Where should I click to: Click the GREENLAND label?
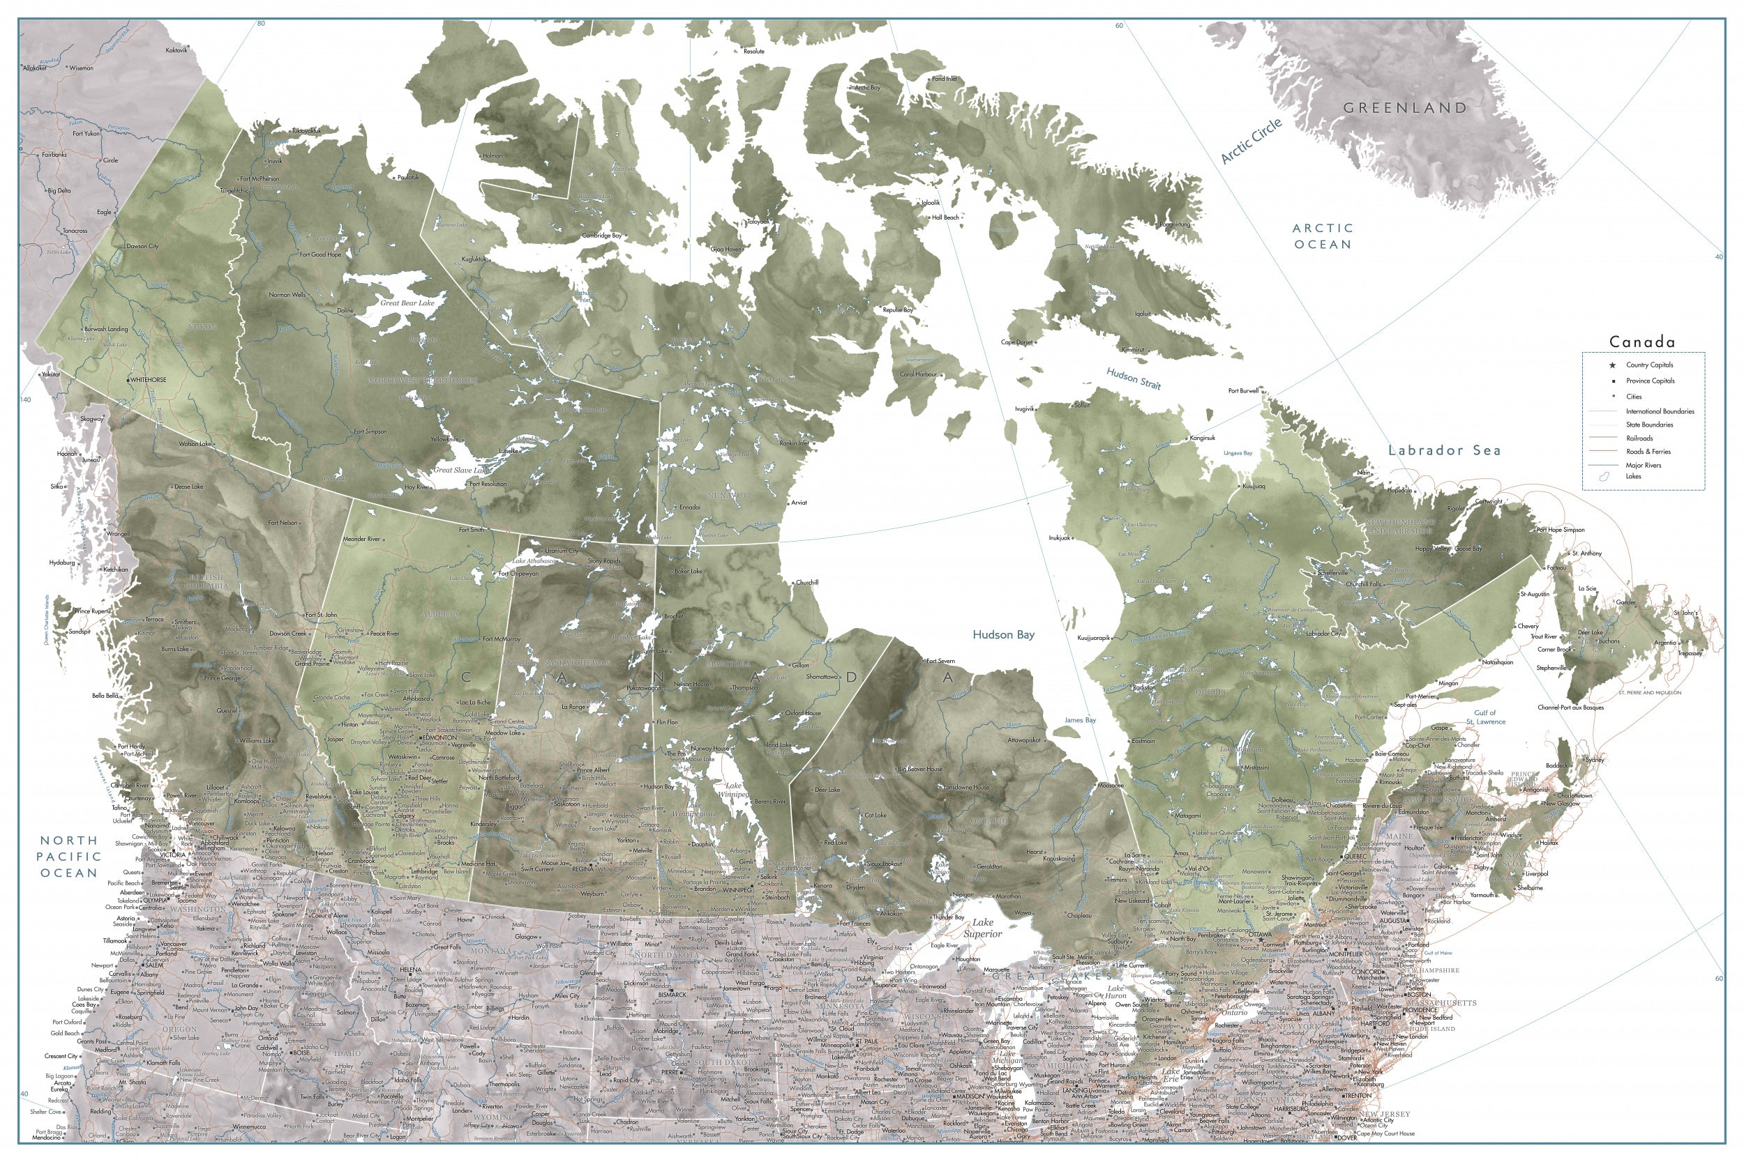(1405, 108)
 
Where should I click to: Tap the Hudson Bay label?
(1003, 634)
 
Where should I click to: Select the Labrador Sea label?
(1444, 450)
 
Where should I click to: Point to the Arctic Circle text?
(1251, 141)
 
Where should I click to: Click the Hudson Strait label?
(1133, 379)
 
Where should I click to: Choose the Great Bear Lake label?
(407, 303)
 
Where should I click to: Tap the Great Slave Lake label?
(462, 470)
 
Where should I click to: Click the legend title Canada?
(1641, 342)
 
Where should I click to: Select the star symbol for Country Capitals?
(1612, 365)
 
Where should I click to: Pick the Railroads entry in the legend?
(1639, 438)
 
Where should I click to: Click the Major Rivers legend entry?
(1643, 466)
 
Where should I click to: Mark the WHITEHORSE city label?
(149, 380)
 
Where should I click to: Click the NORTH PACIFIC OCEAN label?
(69, 856)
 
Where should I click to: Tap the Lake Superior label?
(982, 928)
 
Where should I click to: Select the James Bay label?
(1080, 720)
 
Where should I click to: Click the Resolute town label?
(753, 52)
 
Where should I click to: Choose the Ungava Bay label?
(1238, 453)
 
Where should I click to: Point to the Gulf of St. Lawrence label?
(1485, 717)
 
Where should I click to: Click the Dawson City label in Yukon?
(142, 246)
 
